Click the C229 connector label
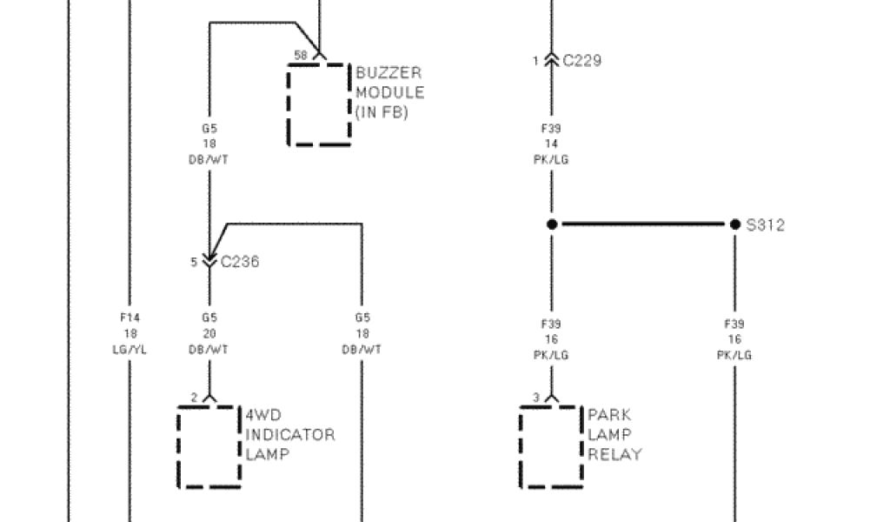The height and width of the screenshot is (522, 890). pyautogui.click(x=581, y=61)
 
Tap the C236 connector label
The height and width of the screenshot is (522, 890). pyautogui.click(x=239, y=262)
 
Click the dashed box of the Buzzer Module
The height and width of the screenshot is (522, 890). pyautogui.click(x=319, y=104)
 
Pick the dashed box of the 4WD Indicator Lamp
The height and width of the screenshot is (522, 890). pyautogui.click(x=209, y=446)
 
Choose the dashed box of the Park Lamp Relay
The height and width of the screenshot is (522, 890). pyautogui.click(x=551, y=446)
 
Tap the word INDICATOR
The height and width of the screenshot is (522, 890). pyautogui.click(x=290, y=434)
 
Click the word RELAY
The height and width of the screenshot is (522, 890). pyautogui.click(x=614, y=454)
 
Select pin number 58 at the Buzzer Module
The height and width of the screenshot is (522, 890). pyautogui.click(x=301, y=56)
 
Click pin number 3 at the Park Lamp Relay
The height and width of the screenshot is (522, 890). pyautogui.click(x=536, y=398)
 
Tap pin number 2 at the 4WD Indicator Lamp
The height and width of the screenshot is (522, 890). pyautogui.click(x=194, y=398)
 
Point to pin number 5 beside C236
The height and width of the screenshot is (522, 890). pyautogui.click(x=194, y=262)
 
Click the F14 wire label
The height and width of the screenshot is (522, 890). pyautogui.click(x=130, y=318)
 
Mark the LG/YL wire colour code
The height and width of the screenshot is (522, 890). pyautogui.click(x=130, y=349)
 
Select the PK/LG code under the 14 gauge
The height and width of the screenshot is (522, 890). pyautogui.click(x=551, y=160)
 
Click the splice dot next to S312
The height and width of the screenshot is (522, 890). pyautogui.click(x=734, y=224)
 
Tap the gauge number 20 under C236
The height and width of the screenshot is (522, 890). pyautogui.click(x=209, y=333)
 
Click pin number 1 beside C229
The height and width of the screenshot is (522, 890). pyautogui.click(x=536, y=61)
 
